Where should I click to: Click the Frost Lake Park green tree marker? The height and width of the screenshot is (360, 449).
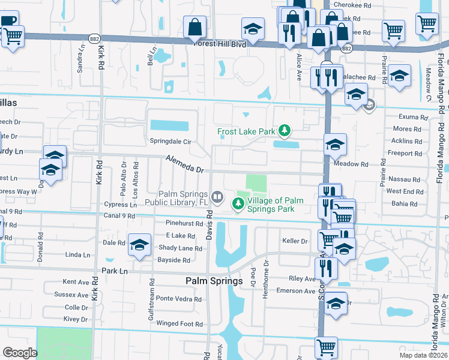click(286, 130)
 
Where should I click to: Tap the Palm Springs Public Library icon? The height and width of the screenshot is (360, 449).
click(217, 196)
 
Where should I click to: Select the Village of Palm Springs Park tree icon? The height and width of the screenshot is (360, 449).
click(238, 205)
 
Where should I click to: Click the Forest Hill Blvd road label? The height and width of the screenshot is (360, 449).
click(220, 43)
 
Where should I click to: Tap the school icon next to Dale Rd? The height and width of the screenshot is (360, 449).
click(139, 245)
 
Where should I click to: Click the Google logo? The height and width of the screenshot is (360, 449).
click(20, 353)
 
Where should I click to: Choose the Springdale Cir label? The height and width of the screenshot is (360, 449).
click(170, 142)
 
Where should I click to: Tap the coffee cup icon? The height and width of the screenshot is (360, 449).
click(8, 20)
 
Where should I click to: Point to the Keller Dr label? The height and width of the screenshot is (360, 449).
click(295, 241)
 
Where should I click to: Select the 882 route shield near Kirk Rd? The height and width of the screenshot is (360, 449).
click(95, 37)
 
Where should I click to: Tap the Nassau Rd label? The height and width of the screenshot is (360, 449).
click(403, 179)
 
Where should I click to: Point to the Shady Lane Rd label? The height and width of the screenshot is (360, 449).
click(180, 248)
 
